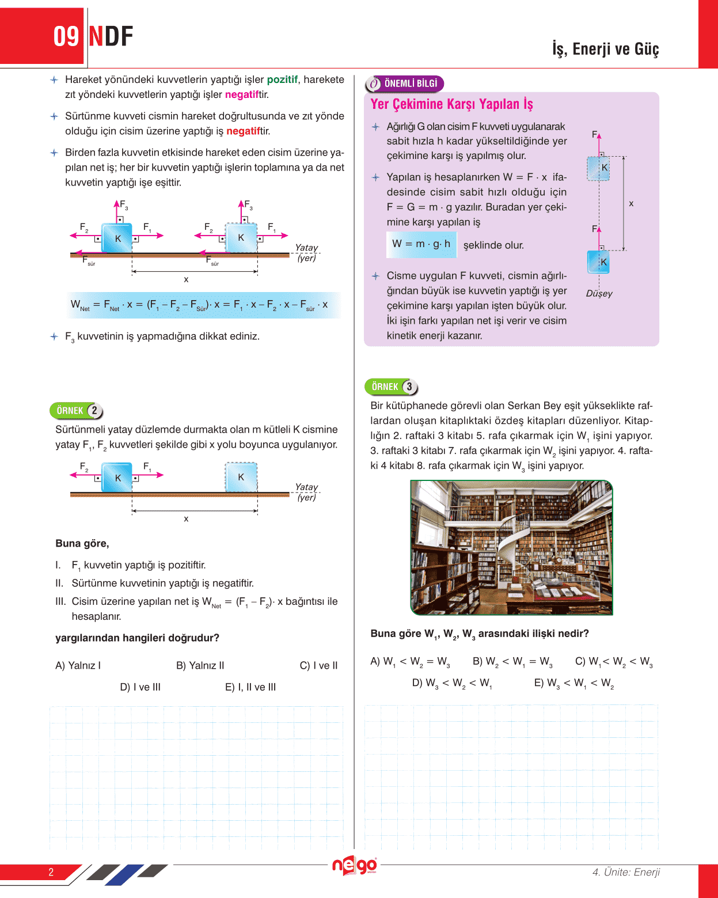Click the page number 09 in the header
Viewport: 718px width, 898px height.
coord(66,36)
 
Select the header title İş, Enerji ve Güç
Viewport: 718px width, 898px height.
coord(605,49)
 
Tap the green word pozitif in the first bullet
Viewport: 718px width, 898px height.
coord(282,79)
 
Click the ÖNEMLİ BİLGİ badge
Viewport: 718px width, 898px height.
coord(405,84)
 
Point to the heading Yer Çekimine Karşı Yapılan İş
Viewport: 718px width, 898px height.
coord(451,104)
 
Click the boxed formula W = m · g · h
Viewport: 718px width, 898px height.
coord(421,244)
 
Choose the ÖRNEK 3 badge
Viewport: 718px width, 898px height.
coord(392,387)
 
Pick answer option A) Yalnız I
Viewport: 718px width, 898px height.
coord(78,665)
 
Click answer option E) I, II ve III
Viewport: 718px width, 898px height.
coord(250,687)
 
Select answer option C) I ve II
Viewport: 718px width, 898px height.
coord(318,665)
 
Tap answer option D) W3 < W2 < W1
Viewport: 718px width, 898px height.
coord(452,683)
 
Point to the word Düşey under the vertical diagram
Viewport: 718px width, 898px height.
coord(599,294)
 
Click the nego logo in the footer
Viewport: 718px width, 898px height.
coord(355,866)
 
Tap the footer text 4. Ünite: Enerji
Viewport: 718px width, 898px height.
coord(626,872)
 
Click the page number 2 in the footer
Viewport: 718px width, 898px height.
coord(51,872)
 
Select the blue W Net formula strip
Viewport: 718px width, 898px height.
coord(203,305)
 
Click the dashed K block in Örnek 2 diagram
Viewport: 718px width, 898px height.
coord(241,477)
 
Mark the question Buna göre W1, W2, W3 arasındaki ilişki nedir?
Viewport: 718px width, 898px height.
coord(480,634)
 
